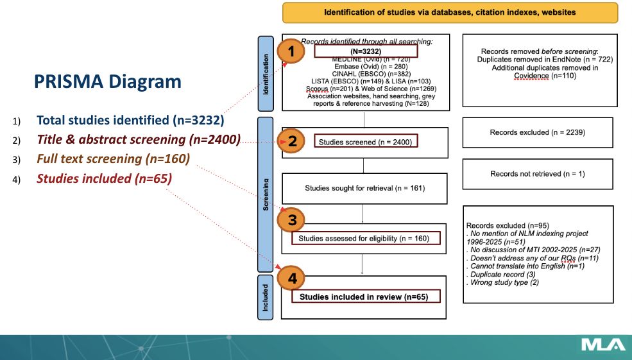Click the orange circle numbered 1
point(291,53)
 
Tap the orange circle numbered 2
point(292,142)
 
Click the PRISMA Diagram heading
point(107,81)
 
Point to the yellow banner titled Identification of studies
point(450,12)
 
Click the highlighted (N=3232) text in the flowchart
point(366,51)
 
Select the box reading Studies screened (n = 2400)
point(364,142)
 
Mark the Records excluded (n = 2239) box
point(537,133)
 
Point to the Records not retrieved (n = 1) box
point(537,173)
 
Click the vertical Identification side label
point(265,73)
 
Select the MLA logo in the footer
point(602,345)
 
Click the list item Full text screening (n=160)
point(113,159)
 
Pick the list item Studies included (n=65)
point(104,178)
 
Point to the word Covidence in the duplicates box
point(531,76)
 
